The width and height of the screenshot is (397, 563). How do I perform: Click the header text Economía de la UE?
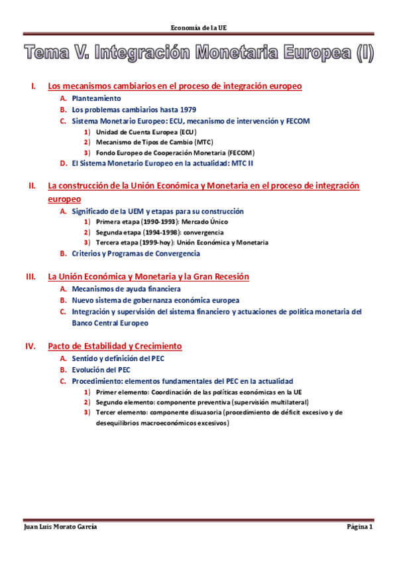(x=198, y=27)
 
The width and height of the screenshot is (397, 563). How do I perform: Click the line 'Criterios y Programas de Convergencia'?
(x=136, y=254)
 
